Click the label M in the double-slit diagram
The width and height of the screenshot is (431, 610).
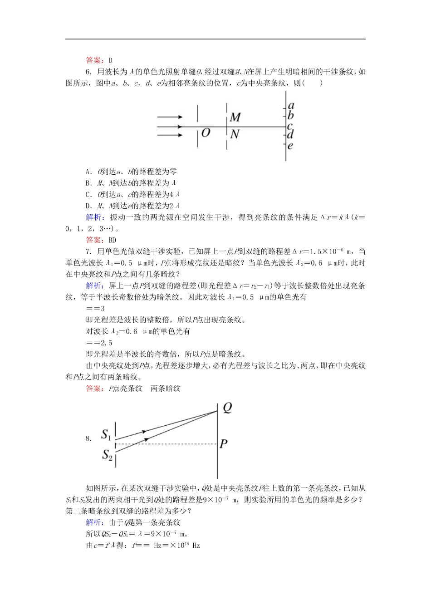click(235, 118)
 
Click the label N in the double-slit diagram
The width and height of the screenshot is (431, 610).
click(235, 134)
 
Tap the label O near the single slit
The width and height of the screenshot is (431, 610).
click(206, 133)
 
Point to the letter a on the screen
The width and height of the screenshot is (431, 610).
click(291, 106)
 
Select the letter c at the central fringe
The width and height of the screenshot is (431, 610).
click(290, 126)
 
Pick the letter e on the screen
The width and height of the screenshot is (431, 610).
click(290, 146)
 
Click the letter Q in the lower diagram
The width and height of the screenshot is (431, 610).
click(227, 408)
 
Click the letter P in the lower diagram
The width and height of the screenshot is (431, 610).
click(223, 444)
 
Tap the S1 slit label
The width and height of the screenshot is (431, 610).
click(106, 435)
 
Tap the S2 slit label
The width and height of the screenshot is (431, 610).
click(107, 454)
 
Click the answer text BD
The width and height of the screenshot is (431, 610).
click(112, 240)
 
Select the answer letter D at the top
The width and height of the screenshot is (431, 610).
click(110, 60)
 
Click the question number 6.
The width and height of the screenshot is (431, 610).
click(88, 72)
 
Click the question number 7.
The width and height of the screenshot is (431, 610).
click(88, 251)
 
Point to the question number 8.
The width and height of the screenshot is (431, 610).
click(88, 438)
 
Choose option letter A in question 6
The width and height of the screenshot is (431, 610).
click(88, 172)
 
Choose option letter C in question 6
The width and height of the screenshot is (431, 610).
click(88, 194)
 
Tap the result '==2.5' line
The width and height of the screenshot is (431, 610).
click(99, 343)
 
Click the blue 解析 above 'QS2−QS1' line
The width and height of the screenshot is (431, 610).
click(95, 522)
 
